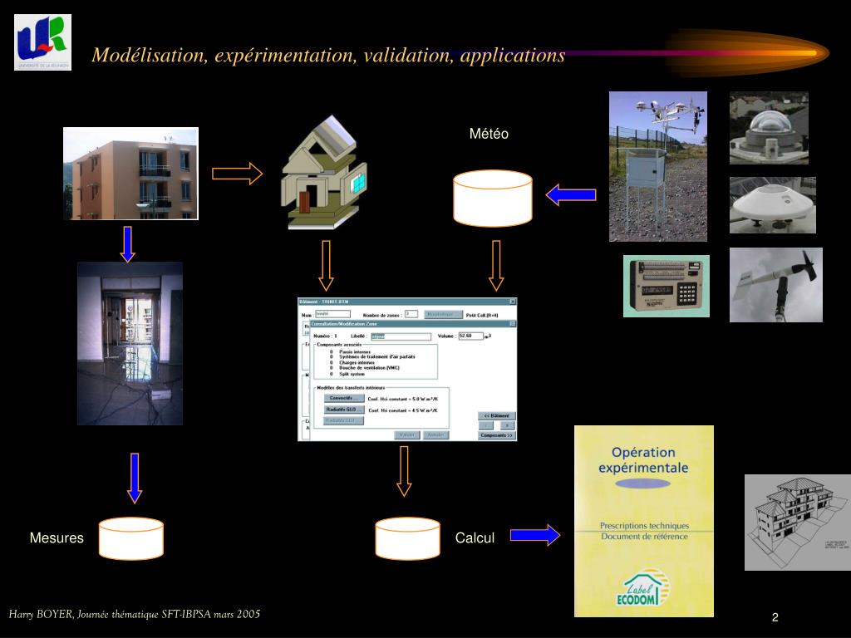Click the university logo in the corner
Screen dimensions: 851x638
click(x=42, y=42)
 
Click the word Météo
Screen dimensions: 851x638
click(x=489, y=134)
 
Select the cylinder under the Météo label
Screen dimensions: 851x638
click(x=493, y=199)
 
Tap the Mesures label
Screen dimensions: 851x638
click(x=57, y=538)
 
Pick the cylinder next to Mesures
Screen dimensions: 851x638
click(x=131, y=538)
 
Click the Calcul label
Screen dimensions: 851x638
click(x=475, y=538)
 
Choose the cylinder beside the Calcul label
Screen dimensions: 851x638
click(x=407, y=538)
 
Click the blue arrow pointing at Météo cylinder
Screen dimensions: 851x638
click(x=571, y=195)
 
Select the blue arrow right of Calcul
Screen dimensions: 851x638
click(x=535, y=535)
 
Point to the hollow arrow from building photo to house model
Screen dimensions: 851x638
click(x=238, y=174)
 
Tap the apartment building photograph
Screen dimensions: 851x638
click(x=131, y=174)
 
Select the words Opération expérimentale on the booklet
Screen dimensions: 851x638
click(x=643, y=460)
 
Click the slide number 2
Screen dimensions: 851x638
click(x=775, y=617)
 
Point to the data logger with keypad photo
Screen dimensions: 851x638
click(x=667, y=287)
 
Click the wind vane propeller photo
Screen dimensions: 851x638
click(x=776, y=284)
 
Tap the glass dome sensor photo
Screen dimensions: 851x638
click(x=769, y=128)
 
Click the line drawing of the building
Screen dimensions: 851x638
click(x=796, y=522)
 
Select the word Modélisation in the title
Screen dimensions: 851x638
click(x=149, y=56)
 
